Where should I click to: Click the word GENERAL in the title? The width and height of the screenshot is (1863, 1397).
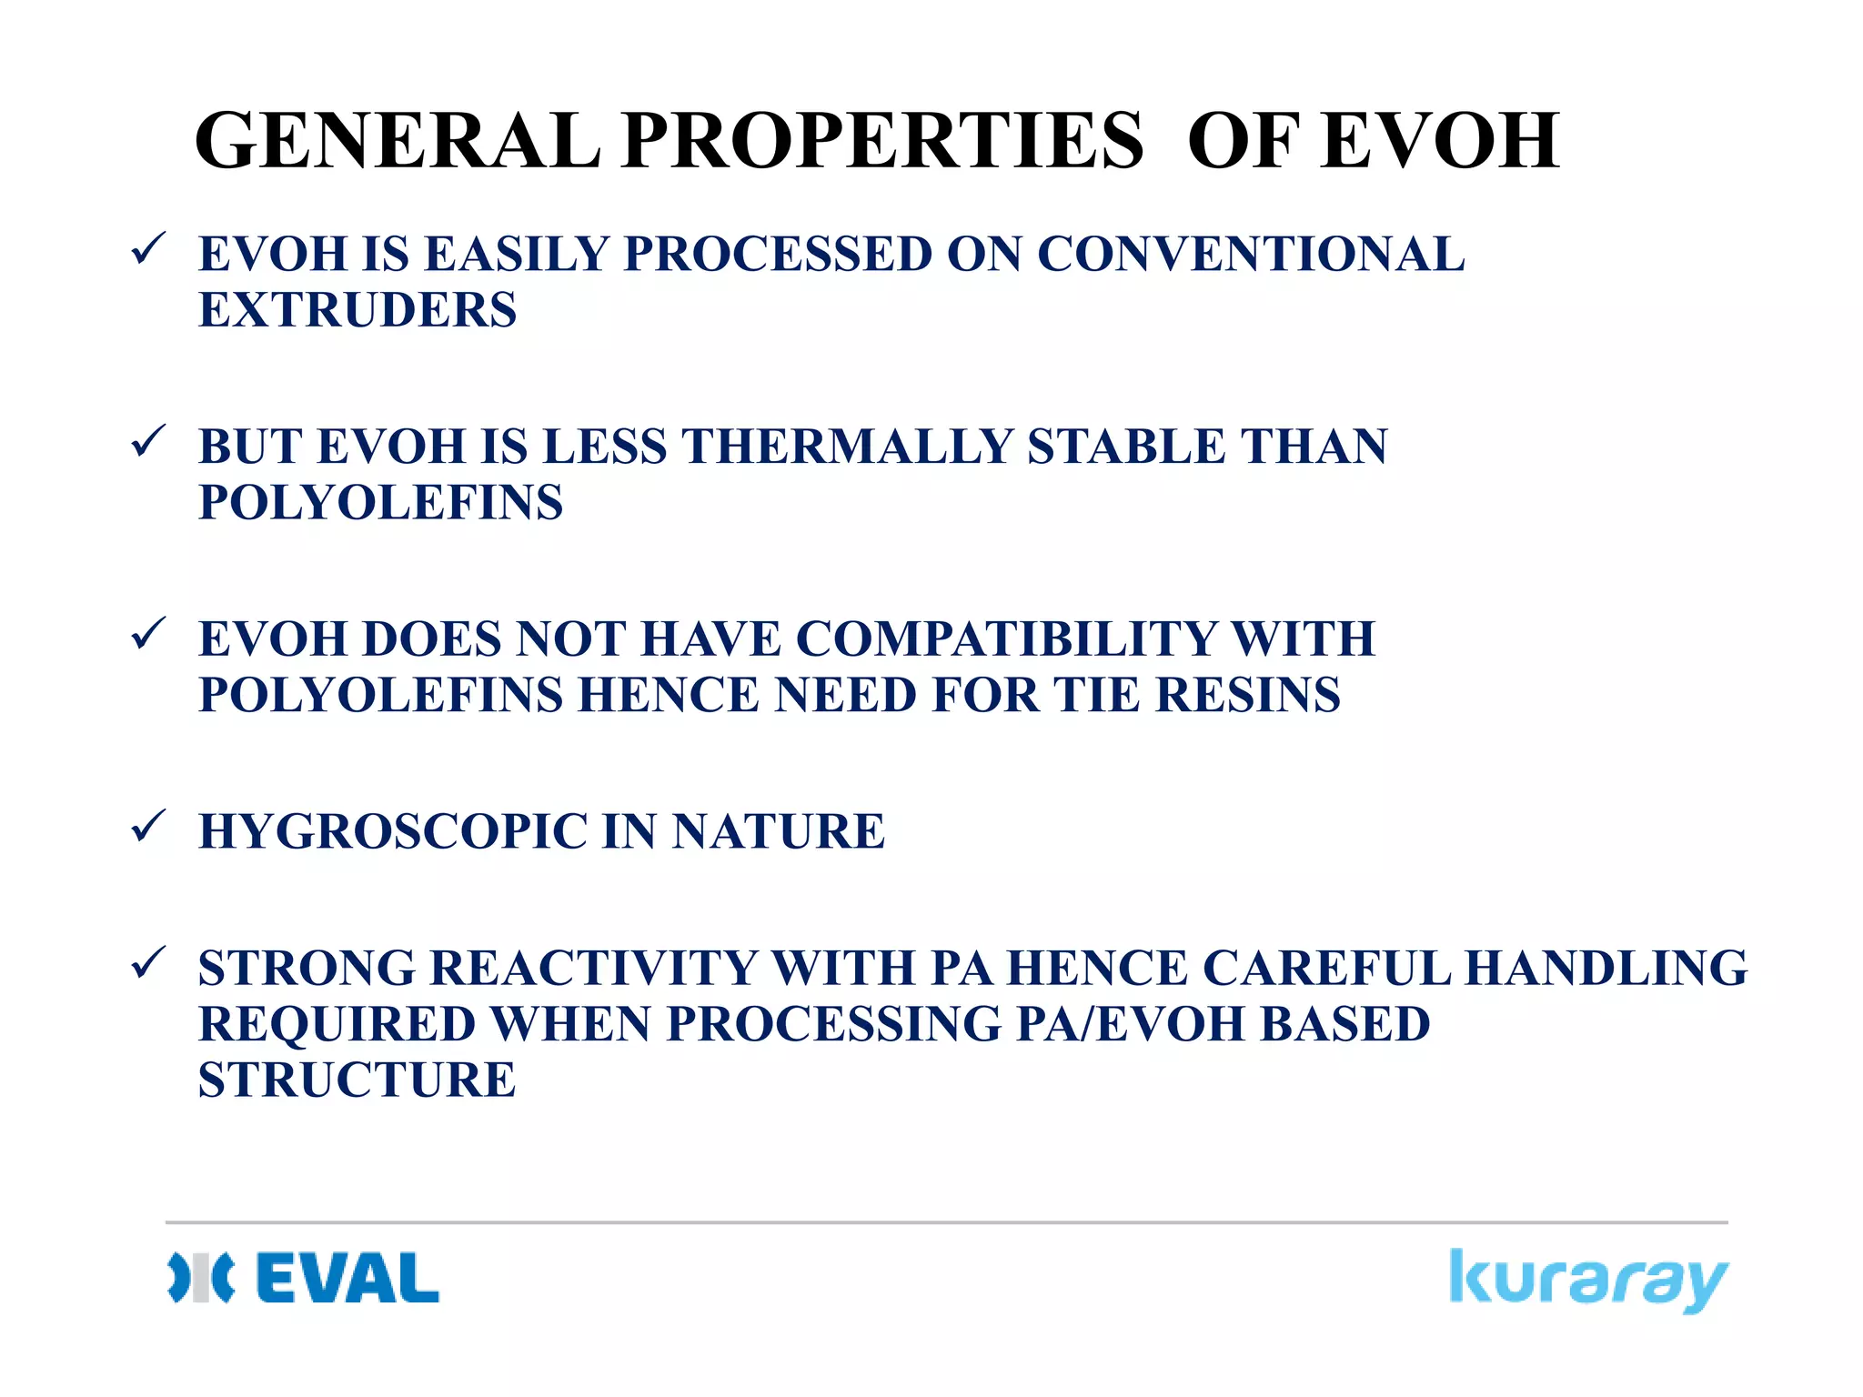coord(398,141)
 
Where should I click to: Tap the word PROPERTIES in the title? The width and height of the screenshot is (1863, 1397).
coord(882,141)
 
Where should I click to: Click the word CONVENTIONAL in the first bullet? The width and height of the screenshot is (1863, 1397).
coord(1251,254)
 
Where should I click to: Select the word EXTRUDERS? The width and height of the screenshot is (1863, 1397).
coord(357,310)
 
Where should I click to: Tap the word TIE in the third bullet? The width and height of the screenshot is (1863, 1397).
coord(1096,695)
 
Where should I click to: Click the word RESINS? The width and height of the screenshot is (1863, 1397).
coord(1247,695)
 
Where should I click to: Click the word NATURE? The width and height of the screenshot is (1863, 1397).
coord(778,831)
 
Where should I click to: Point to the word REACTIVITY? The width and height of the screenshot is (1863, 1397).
coord(593,968)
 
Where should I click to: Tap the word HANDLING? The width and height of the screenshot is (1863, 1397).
coord(1606,968)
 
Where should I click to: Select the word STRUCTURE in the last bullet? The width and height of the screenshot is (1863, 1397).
coord(357,1080)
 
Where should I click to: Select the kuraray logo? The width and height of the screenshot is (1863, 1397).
coord(1587,1280)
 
